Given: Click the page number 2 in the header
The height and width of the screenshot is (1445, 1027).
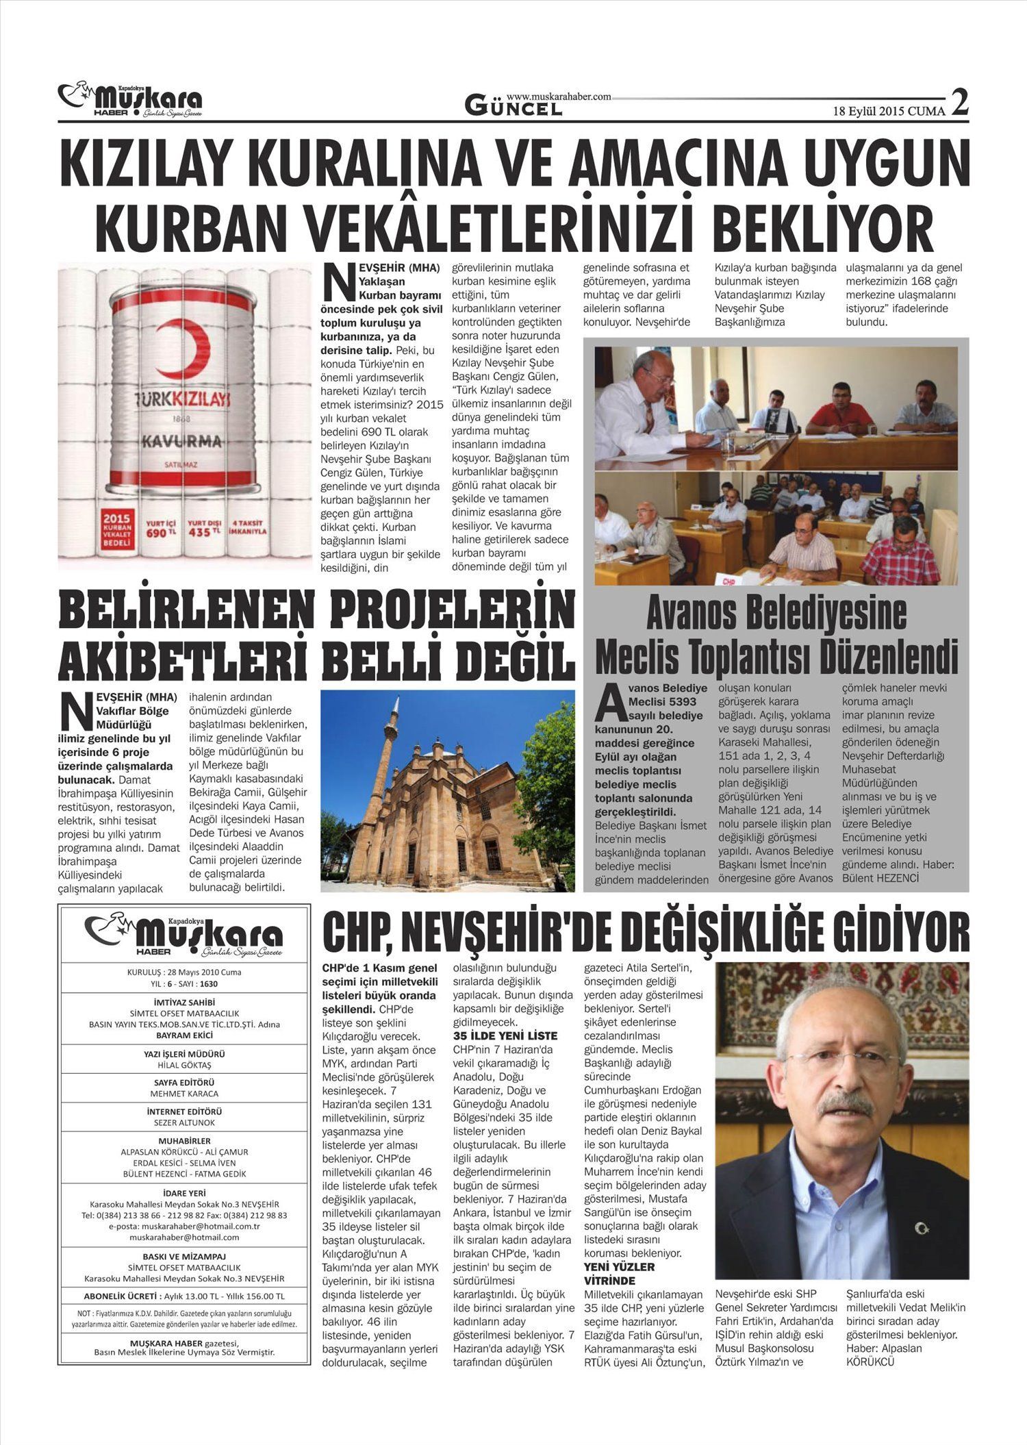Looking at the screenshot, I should click(x=960, y=103).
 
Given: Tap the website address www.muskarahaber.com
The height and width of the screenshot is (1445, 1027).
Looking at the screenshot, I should click(x=559, y=97).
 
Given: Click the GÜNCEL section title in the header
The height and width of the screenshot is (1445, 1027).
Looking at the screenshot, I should click(x=513, y=106).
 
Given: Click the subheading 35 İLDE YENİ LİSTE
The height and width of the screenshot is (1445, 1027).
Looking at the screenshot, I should click(x=505, y=1035).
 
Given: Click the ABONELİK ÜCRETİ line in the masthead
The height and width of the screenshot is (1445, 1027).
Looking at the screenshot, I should click(x=184, y=1296).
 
